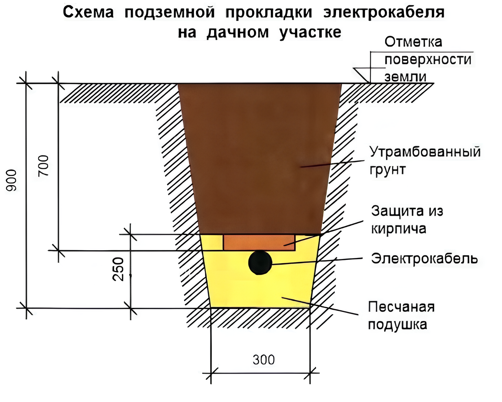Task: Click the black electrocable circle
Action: (x=260, y=263)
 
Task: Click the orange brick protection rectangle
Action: (x=259, y=243)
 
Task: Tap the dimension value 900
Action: (x=11, y=180)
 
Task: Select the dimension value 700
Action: (x=44, y=165)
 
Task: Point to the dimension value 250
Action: (x=118, y=269)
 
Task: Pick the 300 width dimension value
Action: (x=264, y=360)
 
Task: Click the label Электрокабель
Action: (x=424, y=259)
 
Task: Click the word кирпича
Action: (x=399, y=229)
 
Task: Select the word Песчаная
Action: (x=401, y=307)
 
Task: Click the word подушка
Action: (x=398, y=325)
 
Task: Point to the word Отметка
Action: (x=413, y=42)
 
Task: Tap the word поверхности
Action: (x=428, y=60)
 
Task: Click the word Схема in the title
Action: (x=88, y=12)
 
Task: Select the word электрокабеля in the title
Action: (x=384, y=13)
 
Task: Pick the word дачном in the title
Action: (x=238, y=32)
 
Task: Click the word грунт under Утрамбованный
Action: (x=388, y=170)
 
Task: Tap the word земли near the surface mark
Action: (x=405, y=77)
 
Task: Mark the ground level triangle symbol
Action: (x=361, y=75)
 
